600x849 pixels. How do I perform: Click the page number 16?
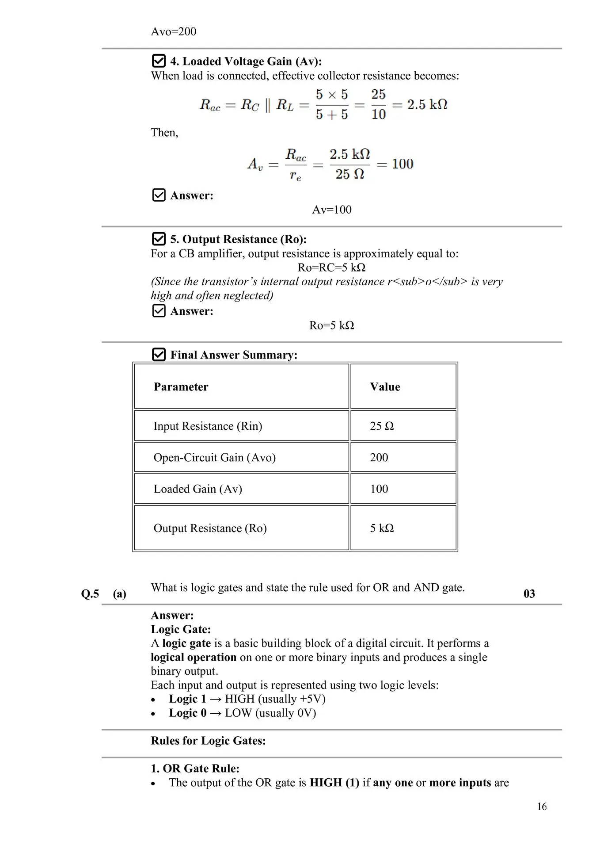point(542,807)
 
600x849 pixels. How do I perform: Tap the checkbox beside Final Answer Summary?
point(159,355)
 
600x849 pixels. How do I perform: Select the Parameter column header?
point(181,387)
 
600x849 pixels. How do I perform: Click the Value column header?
point(385,387)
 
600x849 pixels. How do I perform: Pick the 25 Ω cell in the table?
point(382,426)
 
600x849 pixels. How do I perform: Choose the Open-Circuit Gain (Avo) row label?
point(214,457)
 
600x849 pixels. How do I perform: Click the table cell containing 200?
point(379,457)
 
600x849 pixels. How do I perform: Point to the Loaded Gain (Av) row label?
point(197,489)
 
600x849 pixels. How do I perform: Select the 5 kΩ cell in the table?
point(382,528)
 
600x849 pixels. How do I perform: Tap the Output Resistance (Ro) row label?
point(210,528)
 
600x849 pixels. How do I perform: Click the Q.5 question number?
point(90,593)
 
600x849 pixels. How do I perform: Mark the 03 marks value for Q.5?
point(529,593)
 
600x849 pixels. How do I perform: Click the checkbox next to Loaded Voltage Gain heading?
point(159,61)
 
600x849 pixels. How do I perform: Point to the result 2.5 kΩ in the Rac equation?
point(427,104)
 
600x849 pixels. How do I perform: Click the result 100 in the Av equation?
point(403,164)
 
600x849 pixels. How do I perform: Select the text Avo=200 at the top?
point(174,31)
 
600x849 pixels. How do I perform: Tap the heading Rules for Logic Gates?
point(208,741)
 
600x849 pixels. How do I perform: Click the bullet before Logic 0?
point(153,714)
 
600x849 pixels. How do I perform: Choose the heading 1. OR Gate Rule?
point(195,769)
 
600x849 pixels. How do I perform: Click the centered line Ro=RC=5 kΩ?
point(331,268)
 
